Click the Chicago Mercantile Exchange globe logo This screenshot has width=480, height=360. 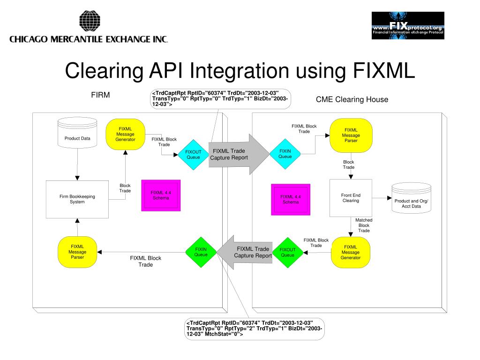click(x=90, y=22)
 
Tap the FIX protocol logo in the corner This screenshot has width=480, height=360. click(x=408, y=25)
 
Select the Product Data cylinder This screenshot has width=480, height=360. click(x=77, y=135)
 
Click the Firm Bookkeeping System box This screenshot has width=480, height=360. click(x=77, y=199)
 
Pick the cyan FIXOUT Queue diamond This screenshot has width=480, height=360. click(x=193, y=155)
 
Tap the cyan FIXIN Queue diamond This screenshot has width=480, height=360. click(x=285, y=154)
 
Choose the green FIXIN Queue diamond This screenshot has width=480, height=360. click(x=201, y=252)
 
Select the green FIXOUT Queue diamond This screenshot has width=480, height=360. click(x=287, y=253)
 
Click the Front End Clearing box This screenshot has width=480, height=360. click(x=351, y=198)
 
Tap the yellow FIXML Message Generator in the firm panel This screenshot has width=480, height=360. click(x=125, y=134)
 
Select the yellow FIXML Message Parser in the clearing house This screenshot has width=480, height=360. click(x=351, y=135)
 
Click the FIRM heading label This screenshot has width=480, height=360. click(x=100, y=95)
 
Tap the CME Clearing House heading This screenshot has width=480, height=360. click(x=352, y=99)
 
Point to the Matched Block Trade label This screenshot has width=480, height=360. click(x=364, y=225)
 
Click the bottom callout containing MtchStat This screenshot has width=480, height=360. click(x=254, y=329)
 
